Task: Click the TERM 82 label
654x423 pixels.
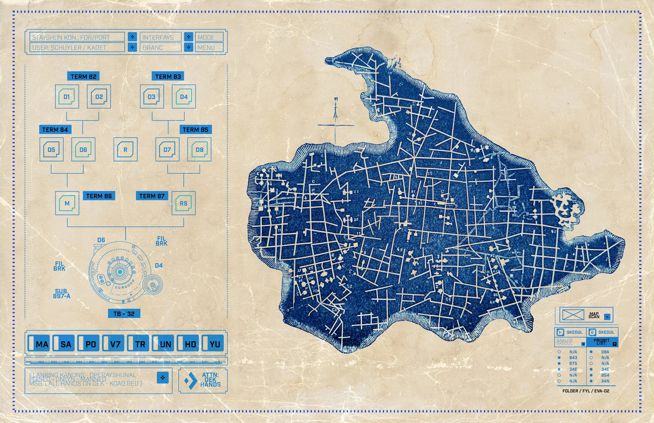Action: (83, 76)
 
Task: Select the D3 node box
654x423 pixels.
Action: (152, 96)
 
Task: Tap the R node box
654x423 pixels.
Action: (125, 150)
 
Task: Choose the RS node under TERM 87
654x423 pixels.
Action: (183, 203)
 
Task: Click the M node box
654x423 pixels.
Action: (67, 203)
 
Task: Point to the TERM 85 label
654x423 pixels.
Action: (195, 130)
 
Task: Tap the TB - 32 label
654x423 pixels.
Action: (124, 314)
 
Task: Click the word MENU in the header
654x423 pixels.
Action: (206, 48)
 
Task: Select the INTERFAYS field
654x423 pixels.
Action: (160, 37)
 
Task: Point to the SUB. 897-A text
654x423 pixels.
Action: (61, 294)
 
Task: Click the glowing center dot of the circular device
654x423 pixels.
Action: (120, 272)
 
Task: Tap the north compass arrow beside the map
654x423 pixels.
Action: (335, 110)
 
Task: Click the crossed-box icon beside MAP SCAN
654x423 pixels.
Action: (573, 315)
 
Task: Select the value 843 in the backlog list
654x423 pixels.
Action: (573, 358)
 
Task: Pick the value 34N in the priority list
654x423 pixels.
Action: (605, 381)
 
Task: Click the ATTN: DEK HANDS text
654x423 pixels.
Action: (210, 380)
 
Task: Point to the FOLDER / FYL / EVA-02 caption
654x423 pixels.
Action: (585, 391)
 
